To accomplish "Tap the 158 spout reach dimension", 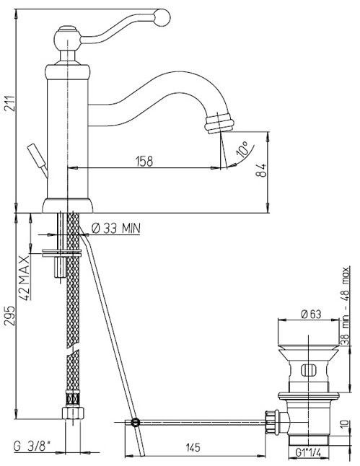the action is tap(144, 161).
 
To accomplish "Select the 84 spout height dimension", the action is tap(261, 170).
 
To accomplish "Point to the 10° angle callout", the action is tap(242, 149).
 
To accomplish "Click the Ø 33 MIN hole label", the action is tap(116, 229).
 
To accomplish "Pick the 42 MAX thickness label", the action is tap(25, 278).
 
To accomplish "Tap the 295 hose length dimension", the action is tap(9, 316).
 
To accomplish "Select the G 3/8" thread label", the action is tap(32, 447).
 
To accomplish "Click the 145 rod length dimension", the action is tap(193, 447).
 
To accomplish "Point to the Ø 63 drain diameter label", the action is tap(311, 314).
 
